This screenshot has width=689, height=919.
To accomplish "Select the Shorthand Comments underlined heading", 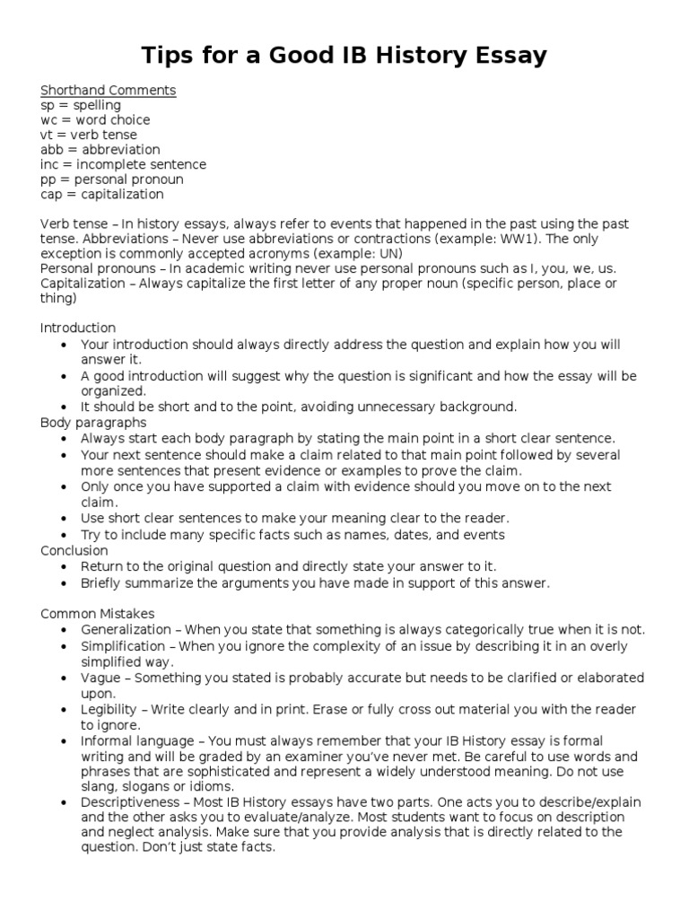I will (x=108, y=90).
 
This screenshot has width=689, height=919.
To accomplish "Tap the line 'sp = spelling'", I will (x=81, y=105).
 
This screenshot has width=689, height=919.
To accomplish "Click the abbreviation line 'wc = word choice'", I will (x=95, y=119).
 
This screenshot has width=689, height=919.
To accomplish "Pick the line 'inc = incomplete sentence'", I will (x=123, y=164).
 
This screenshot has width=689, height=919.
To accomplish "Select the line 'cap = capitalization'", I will (x=102, y=194).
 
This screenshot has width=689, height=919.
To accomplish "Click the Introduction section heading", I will (x=78, y=328).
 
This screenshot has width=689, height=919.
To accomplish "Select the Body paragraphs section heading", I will (x=93, y=422).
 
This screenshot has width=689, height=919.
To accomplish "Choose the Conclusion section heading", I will (x=74, y=550).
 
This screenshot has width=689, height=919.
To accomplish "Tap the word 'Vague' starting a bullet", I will (x=99, y=678).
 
